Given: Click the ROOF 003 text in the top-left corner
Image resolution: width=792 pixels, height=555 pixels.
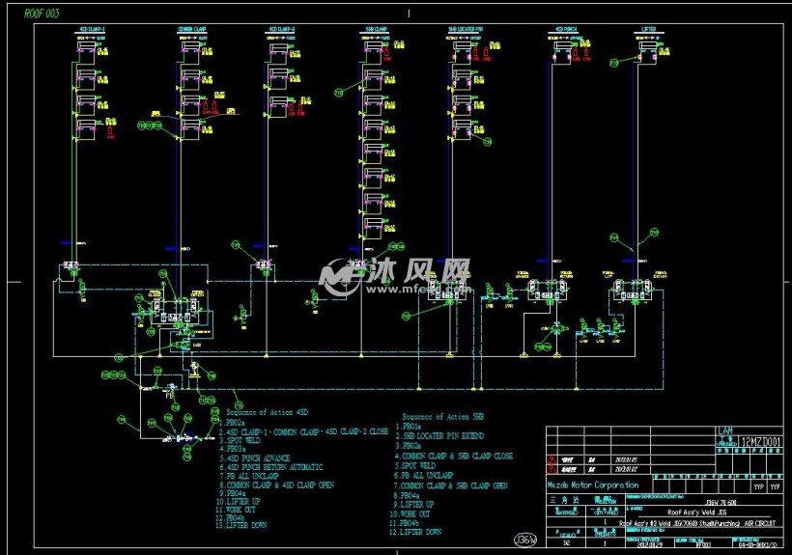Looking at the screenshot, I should click(x=40, y=14).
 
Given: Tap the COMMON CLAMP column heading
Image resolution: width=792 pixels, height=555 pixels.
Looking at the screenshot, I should click(x=191, y=30).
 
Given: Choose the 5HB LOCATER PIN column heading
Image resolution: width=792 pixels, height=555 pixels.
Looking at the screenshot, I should click(x=467, y=30).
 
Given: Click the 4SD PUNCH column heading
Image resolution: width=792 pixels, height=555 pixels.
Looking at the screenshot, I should click(x=566, y=30).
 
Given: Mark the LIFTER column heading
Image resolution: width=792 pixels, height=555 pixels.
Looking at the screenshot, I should click(x=648, y=30).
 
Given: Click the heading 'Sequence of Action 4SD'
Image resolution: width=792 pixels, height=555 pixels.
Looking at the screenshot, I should click(x=266, y=413).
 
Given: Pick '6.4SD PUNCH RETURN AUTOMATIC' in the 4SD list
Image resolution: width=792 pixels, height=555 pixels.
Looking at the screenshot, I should click(x=273, y=467).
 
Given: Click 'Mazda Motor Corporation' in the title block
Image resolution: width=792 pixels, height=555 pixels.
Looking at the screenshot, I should click(x=593, y=485).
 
